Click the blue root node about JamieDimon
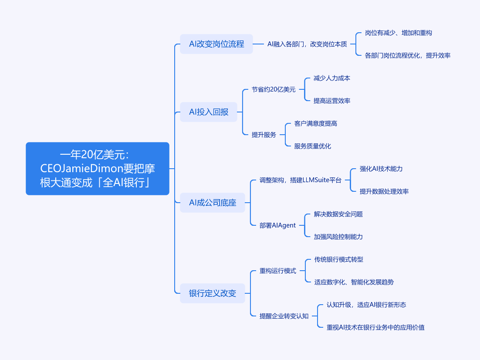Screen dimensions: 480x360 (x=97, y=169)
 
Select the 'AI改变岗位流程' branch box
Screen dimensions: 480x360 (x=216, y=44)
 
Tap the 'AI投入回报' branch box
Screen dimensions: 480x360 (x=209, y=112)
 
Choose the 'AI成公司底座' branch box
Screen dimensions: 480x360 (x=213, y=203)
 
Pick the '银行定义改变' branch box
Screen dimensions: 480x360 (x=213, y=293)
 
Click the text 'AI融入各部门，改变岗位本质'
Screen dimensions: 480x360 (x=307, y=44)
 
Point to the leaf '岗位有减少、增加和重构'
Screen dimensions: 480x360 (x=398, y=33)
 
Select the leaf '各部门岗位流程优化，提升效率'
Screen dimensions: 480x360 (x=407, y=55)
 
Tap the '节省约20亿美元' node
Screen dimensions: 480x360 (x=274, y=89)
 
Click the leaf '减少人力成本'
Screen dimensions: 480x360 (x=332, y=78)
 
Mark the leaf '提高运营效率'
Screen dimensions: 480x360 (x=332, y=101)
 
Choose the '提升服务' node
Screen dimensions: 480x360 (x=264, y=135)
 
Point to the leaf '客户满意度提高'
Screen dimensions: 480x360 (x=316, y=123)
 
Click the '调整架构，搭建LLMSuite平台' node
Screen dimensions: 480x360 (x=300, y=180)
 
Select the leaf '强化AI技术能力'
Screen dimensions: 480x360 (x=381, y=169)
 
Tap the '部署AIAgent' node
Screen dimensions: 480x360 (x=277, y=225)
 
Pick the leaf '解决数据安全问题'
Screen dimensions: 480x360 (x=338, y=214)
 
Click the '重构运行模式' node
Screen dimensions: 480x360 (x=278, y=271)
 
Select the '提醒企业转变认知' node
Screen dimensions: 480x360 (x=284, y=316)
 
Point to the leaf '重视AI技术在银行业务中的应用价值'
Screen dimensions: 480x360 (x=375, y=327)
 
